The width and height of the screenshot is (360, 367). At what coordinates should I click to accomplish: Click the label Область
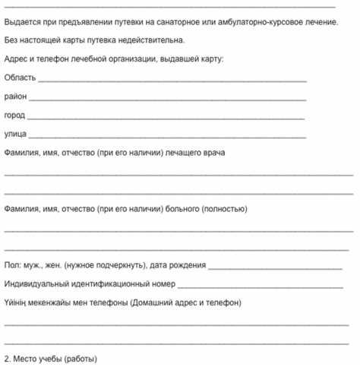[x=19, y=78]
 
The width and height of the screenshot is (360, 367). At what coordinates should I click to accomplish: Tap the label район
[x=14, y=97]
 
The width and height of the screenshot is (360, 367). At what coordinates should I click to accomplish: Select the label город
[x=14, y=116]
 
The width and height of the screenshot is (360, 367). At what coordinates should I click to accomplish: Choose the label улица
[x=15, y=134]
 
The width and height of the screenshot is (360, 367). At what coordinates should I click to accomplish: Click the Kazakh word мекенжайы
[x=60, y=302]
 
